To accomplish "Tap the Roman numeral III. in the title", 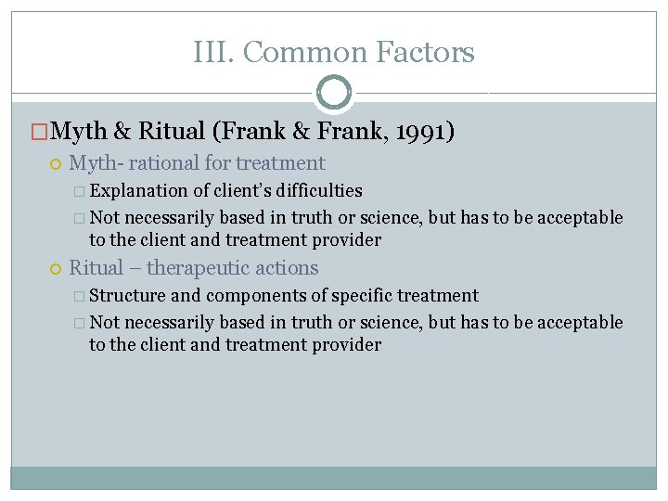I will [x=212, y=53].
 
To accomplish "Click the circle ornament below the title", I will [x=334, y=93].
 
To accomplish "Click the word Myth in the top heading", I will [x=81, y=133].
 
